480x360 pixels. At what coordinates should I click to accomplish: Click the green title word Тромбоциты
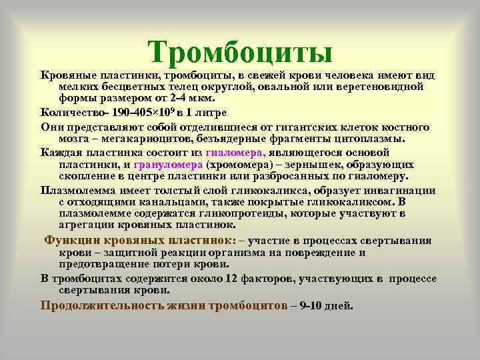[x=240, y=51]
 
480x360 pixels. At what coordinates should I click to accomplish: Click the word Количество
[x=71, y=111]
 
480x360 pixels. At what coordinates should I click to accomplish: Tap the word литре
[x=212, y=111]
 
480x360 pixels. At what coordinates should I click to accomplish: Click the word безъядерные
[x=217, y=139]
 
